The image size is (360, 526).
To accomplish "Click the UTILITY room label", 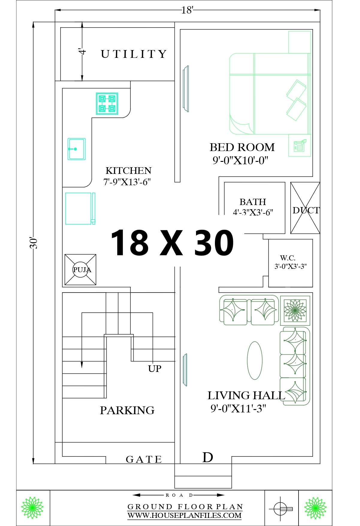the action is pyautogui.click(x=134, y=54).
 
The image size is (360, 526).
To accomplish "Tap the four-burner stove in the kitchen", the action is pyautogui.click(x=107, y=103).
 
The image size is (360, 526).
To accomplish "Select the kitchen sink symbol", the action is pyautogui.click(x=76, y=149).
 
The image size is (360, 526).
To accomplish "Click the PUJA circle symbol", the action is pyautogui.click(x=82, y=269).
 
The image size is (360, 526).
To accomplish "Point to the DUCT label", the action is pyautogui.click(x=306, y=210).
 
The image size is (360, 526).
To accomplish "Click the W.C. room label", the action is pyautogui.click(x=288, y=258).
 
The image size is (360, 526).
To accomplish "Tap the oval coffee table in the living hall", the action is pyautogui.click(x=255, y=361).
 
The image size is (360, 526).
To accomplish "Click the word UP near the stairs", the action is pyautogui.click(x=155, y=368).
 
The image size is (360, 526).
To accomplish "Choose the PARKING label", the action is pyautogui.click(x=127, y=410).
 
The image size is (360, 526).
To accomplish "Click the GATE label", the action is pyautogui.click(x=144, y=459).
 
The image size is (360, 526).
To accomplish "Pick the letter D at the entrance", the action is pyautogui.click(x=208, y=457).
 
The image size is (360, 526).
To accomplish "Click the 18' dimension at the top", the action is pyautogui.click(x=187, y=10).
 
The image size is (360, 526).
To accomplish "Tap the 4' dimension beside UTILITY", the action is pyautogui.click(x=82, y=51).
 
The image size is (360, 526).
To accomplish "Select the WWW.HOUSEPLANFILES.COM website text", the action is pyautogui.click(x=185, y=515).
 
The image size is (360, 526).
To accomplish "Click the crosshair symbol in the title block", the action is pyautogui.click(x=281, y=509).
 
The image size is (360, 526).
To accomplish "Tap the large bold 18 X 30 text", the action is pyautogui.click(x=172, y=242).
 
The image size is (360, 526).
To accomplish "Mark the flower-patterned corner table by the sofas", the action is pyautogui.click(x=295, y=311).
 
